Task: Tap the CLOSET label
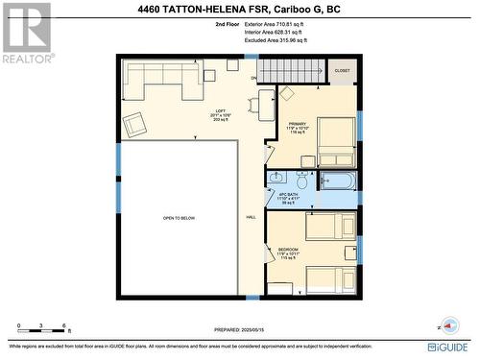click(343, 71)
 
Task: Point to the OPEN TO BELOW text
click(179, 218)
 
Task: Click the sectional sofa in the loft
click(161, 78)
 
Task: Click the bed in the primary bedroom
click(336, 142)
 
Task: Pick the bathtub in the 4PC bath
click(337, 180)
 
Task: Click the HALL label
click(251, 218)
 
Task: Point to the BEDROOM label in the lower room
click(288, 249)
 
